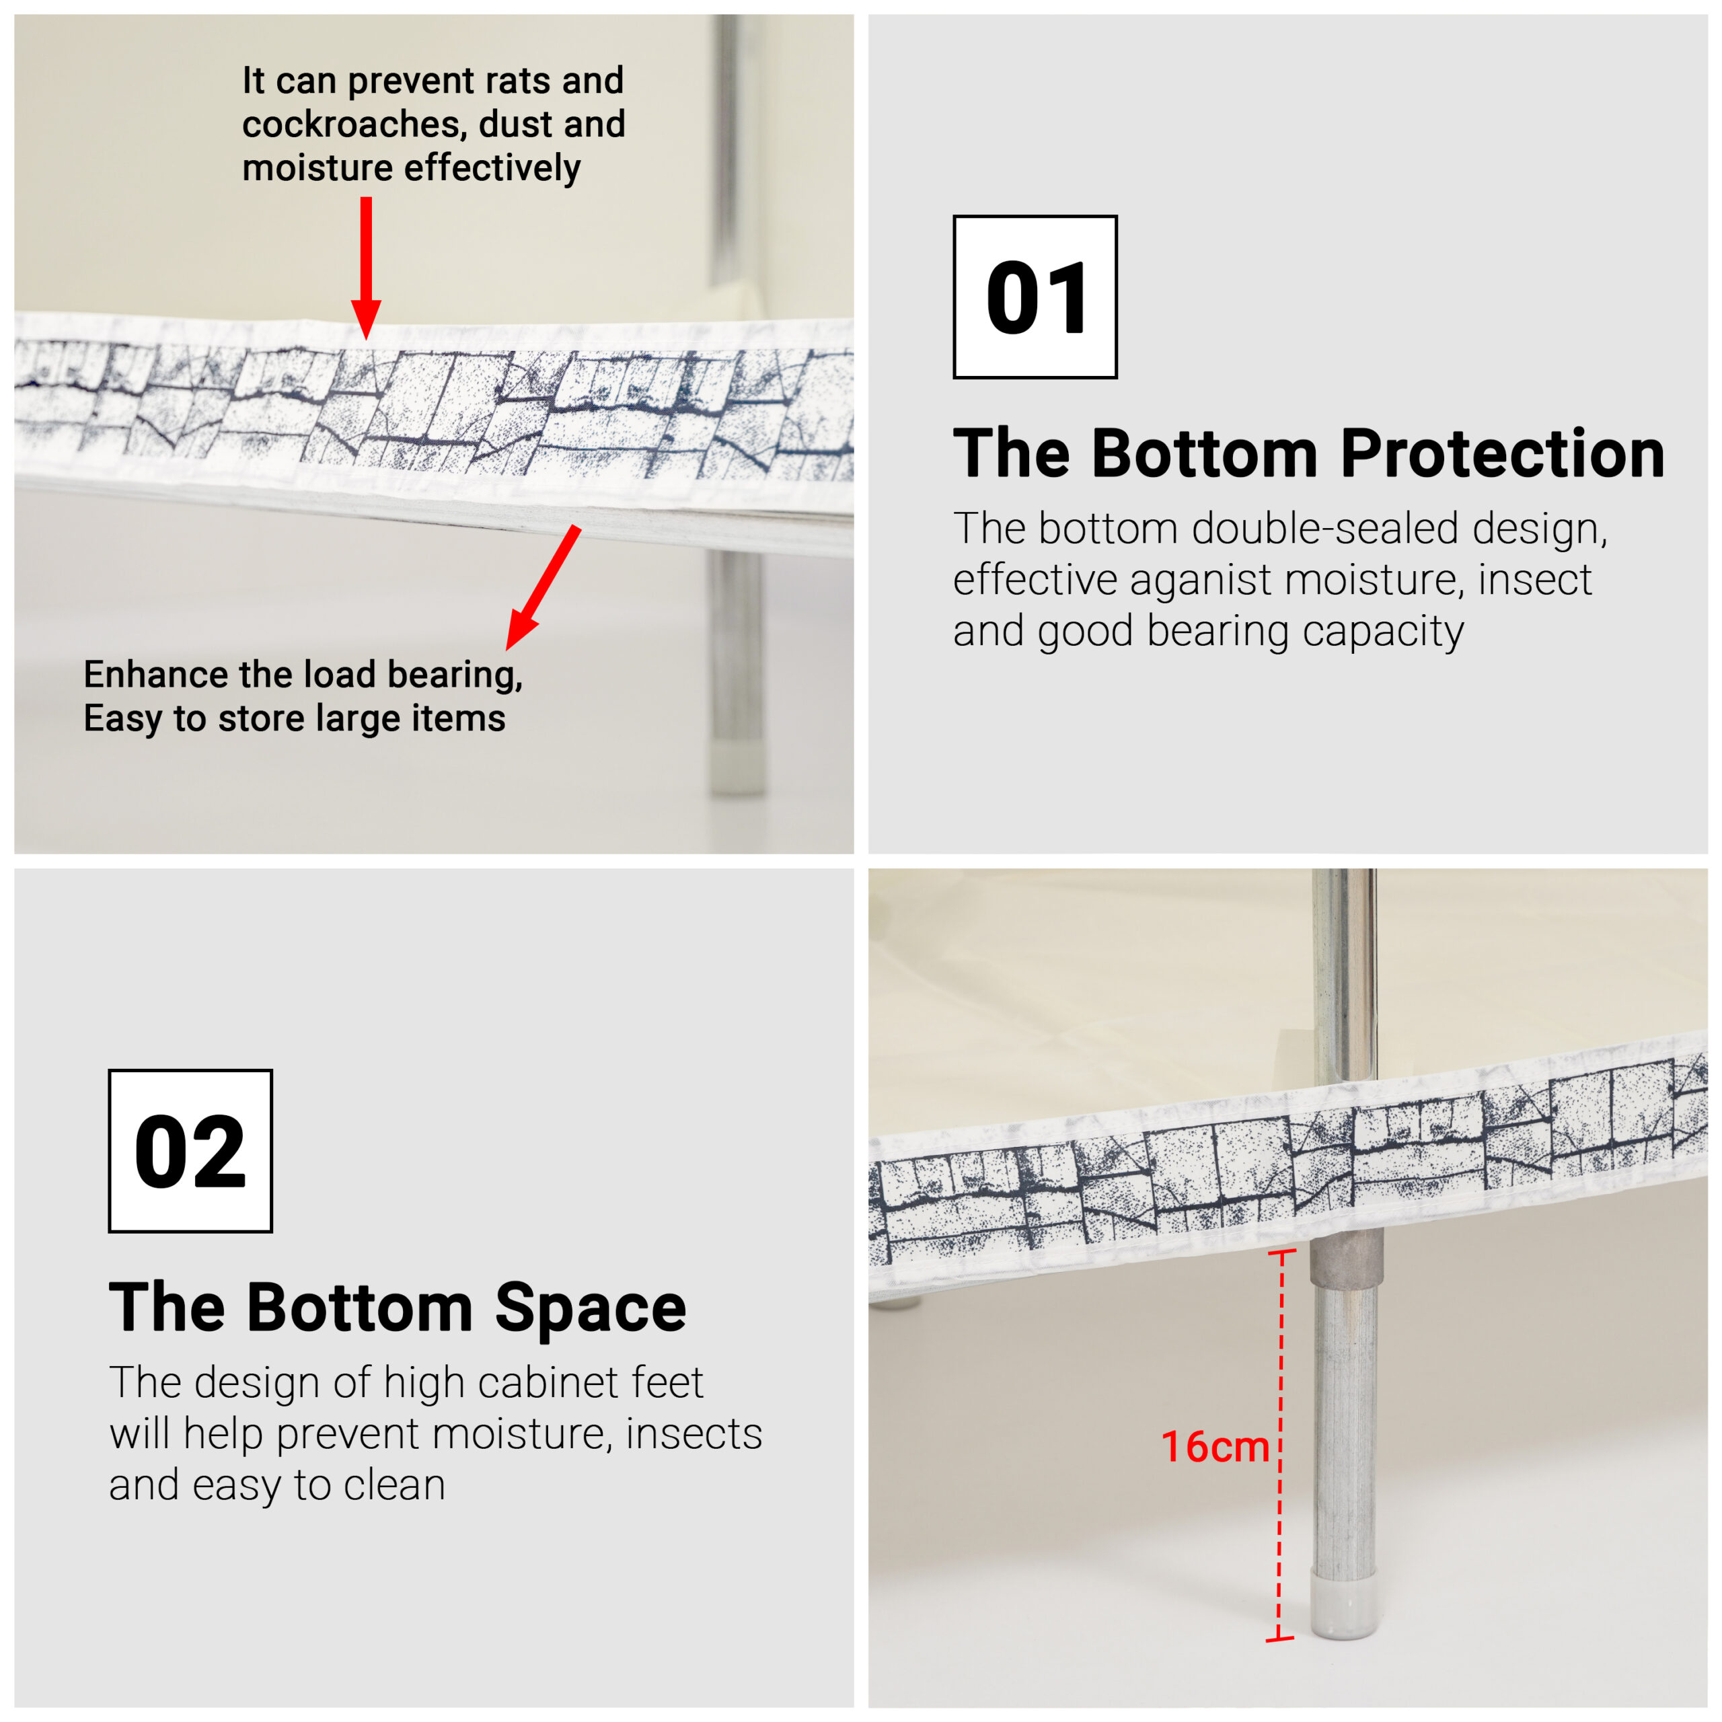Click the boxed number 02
pyautogui.click(x=190, y=1151)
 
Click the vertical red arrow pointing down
pyautogui.click(x=365, y=268)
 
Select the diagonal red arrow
pyautogui.click(x=544, y=587)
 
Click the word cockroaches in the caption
pyautogui.click(x=354, y=124)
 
